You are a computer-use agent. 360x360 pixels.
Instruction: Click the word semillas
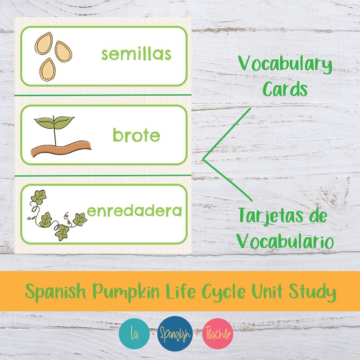click(x=136, y=54)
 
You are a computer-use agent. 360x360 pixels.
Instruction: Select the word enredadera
click(x=135, y=211)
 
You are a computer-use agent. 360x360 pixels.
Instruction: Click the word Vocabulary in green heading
click(x=285, y=66)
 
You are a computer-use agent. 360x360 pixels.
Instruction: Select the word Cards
click(x=285, y=89)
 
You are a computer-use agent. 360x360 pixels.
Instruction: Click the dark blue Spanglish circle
click(x=175, y=334)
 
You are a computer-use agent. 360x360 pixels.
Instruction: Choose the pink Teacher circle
click(x=218, y=334)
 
